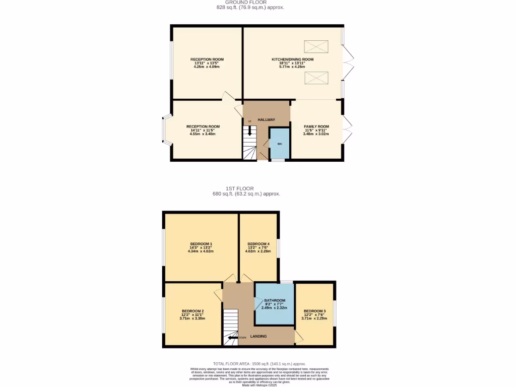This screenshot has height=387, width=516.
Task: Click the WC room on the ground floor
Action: (x=280, y=144)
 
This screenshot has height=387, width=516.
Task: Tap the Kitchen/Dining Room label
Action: (x=292, y=59)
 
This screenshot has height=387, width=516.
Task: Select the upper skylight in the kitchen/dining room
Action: (x=316, y=47)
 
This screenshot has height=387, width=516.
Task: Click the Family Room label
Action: (x=316, y=126)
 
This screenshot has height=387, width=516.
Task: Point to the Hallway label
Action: (x=267, y=119)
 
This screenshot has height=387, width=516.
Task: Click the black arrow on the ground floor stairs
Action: (x=249, y=132)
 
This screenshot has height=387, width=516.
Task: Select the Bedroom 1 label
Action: (x=201, y=244)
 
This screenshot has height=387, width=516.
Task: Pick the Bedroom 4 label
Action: (x=258, y=244)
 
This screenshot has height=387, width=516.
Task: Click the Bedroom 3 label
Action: (x=314, y=311)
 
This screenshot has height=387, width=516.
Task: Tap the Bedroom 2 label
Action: (x=192, y=311)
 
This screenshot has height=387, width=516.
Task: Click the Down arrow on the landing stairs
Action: (x=232, y=338)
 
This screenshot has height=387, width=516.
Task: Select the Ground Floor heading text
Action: (x=246, y=2)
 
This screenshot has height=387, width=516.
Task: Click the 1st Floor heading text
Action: (x=246, y=188)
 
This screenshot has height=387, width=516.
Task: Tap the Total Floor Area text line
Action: (x=259, y=363)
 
